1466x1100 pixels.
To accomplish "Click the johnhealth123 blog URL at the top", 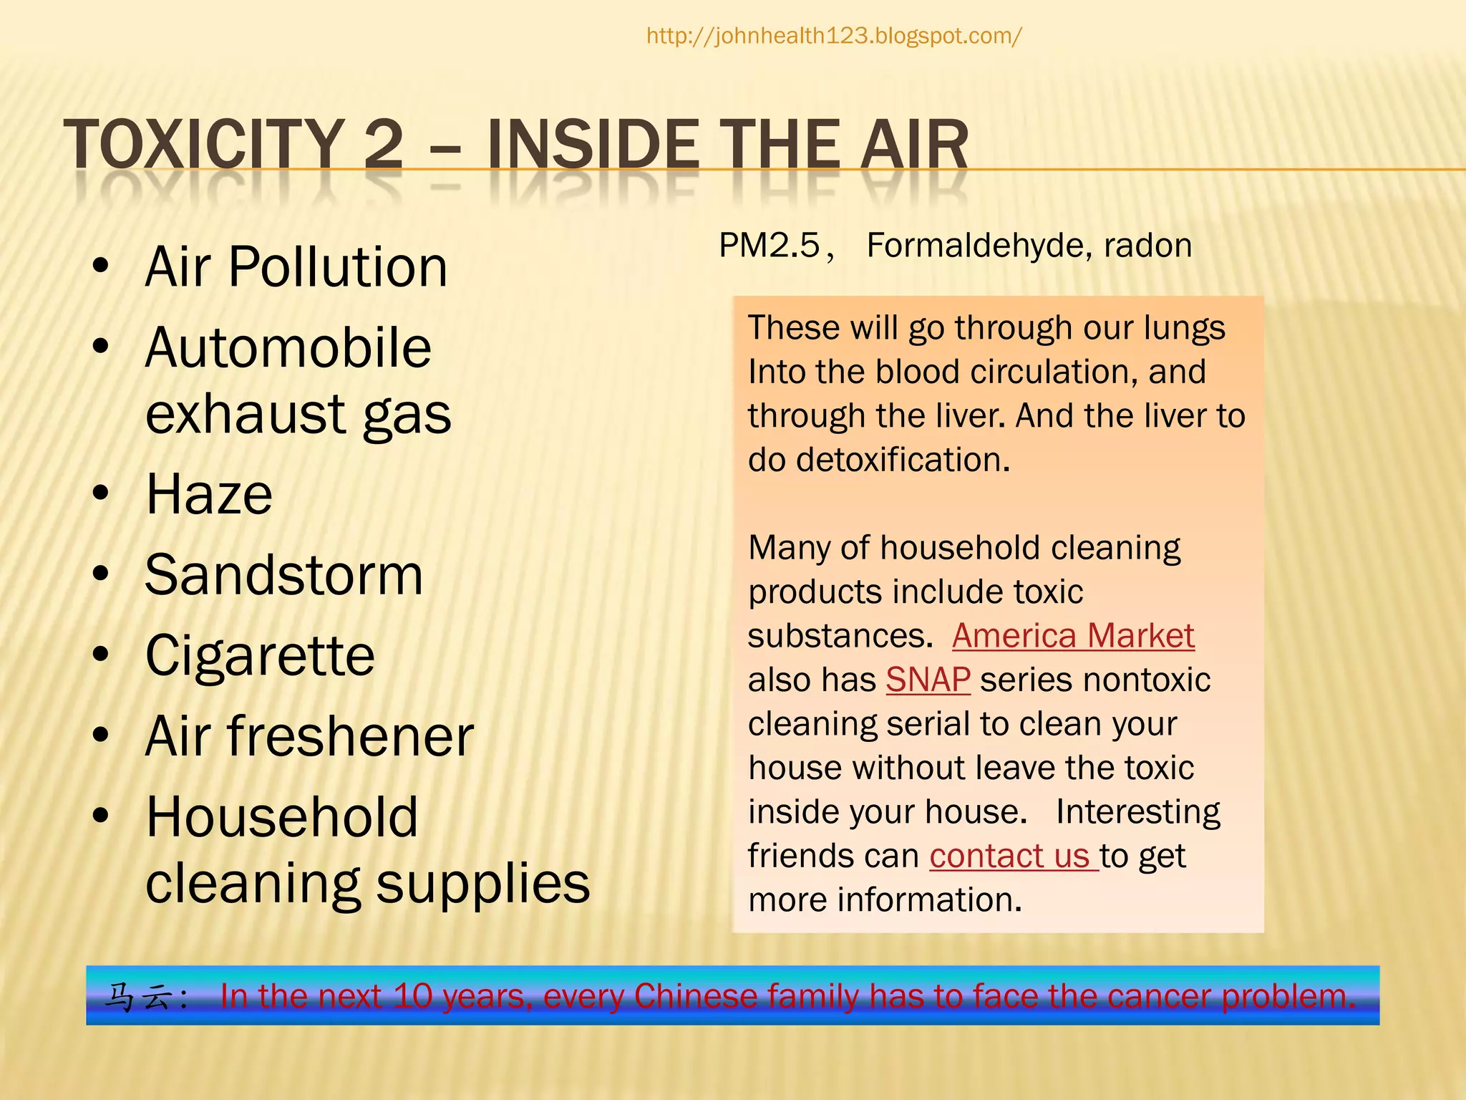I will point(834,36).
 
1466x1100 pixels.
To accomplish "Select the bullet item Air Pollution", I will point(296,267).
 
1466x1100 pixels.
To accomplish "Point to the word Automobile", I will point(288,348).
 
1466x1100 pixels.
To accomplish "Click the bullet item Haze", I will point(209,495).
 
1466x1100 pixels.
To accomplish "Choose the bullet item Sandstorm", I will point(284,575).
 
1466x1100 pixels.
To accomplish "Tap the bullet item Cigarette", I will point(260,656).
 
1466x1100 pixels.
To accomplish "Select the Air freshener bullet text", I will point(309,737).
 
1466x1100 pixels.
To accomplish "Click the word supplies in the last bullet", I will point(483,884).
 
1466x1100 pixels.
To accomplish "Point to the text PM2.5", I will point(770,246).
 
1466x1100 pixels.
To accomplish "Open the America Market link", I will point(1073,636).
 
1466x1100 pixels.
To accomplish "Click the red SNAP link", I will point(928,680).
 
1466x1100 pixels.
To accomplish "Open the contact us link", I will point(1009,856).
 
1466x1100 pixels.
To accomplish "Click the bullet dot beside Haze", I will point(101,493).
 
